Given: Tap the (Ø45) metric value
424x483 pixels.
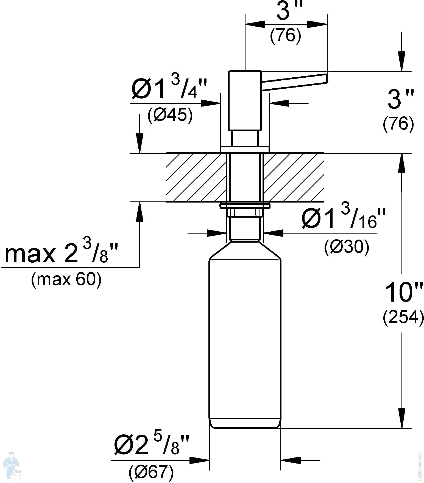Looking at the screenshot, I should (170, 115).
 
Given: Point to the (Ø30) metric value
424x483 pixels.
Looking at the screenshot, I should (347, 247).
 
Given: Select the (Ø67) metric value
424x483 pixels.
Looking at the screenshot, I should (151, 472).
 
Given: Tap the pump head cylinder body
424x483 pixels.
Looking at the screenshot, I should (245, 100).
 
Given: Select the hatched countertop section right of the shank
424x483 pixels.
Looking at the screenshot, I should (294, 177).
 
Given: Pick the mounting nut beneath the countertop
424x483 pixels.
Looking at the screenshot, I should (245, 212).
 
